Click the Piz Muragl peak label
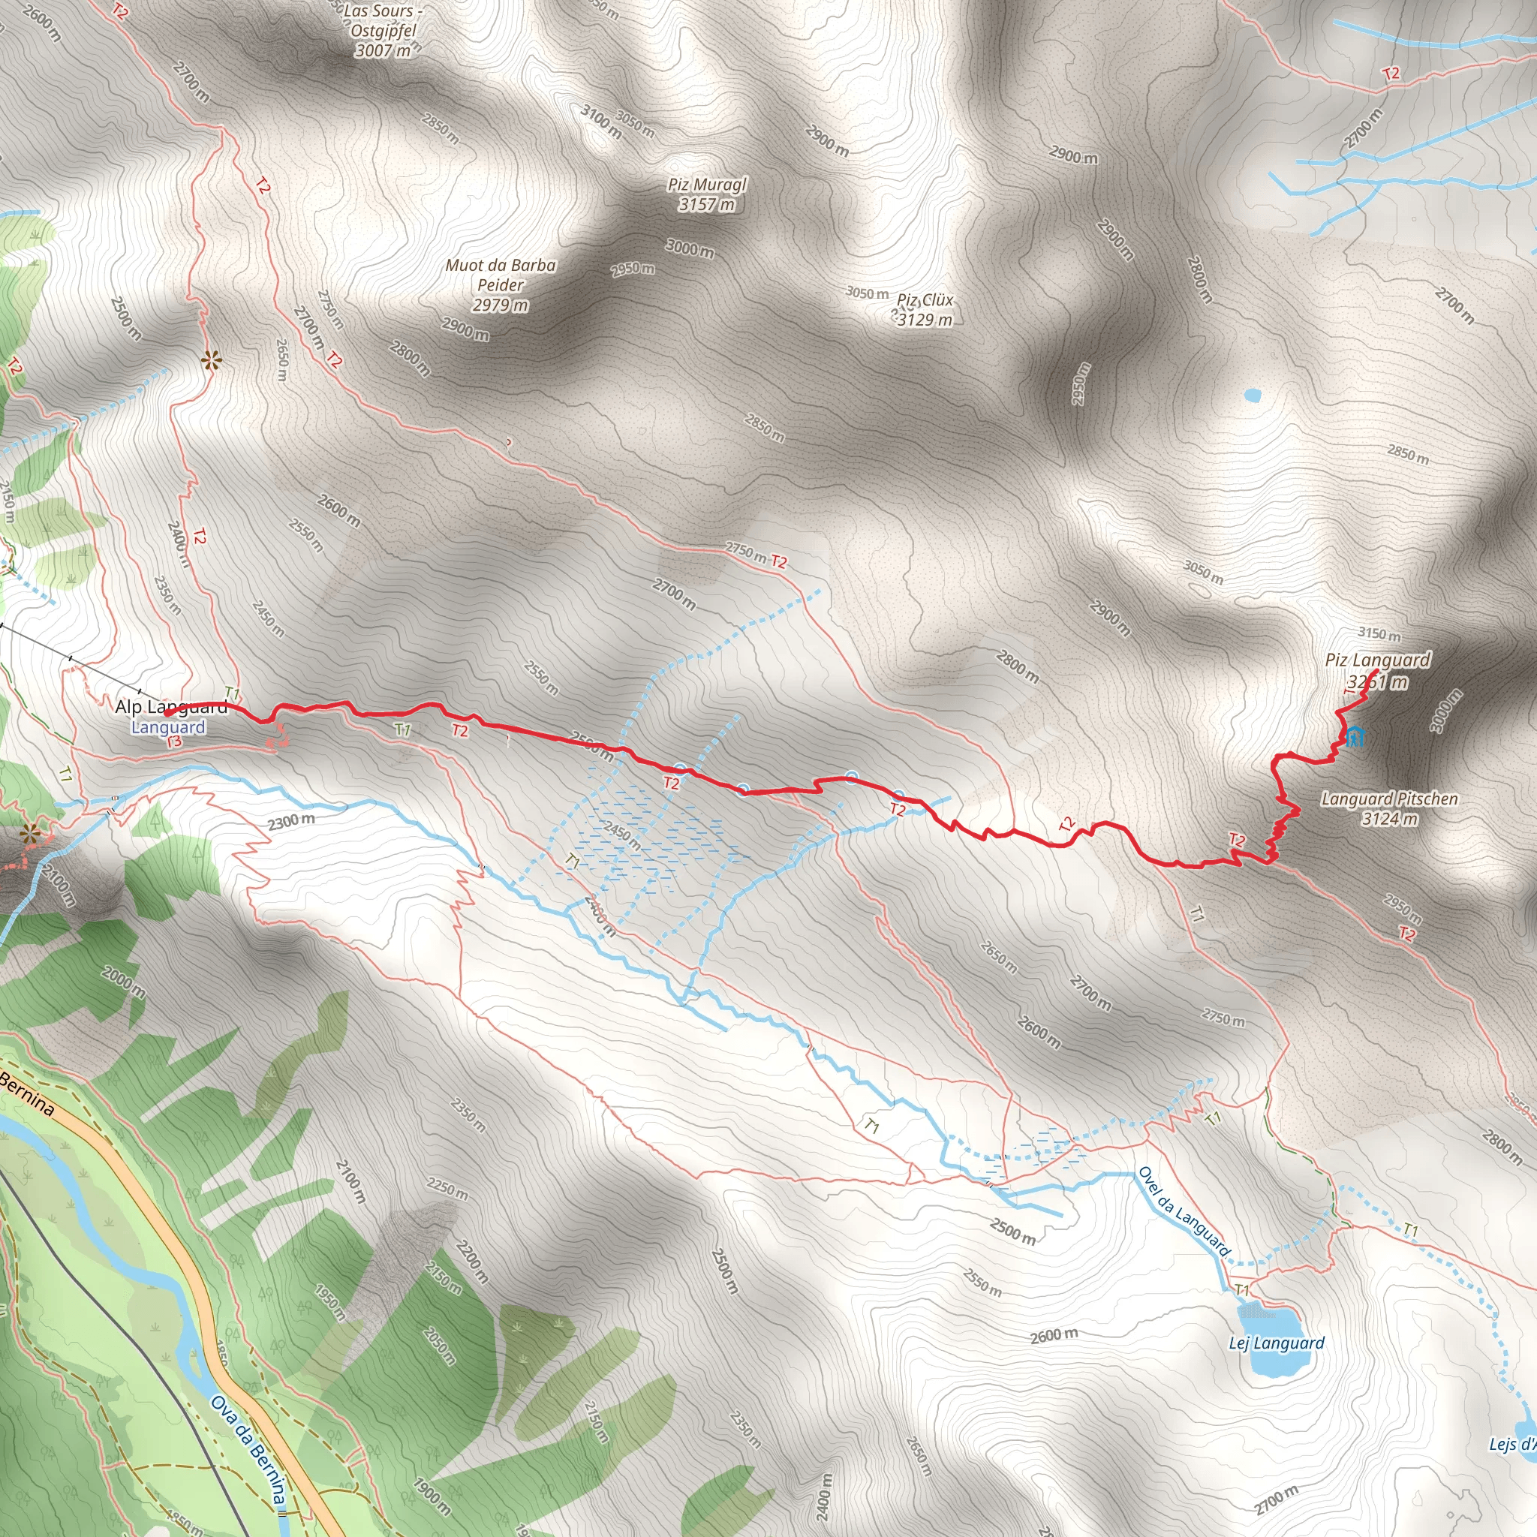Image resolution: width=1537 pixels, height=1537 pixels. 706,195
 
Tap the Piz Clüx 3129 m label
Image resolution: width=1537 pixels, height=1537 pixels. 925,310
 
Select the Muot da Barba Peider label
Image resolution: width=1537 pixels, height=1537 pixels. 501,284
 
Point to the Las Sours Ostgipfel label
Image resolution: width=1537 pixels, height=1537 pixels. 383,31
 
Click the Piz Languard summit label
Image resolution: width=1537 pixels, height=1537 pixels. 1377,671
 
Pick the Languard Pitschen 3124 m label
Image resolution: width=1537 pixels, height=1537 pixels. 1389,808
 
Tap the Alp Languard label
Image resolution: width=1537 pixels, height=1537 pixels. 171,706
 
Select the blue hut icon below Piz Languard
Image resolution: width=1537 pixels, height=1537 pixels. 1355,737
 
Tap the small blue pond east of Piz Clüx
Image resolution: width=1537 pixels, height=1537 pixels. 1253,395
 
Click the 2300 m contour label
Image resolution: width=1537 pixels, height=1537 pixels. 290,821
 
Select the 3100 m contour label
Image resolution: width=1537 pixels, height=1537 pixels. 600,122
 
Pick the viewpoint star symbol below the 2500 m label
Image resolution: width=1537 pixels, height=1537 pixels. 211,362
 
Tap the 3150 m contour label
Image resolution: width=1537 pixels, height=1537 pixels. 1379,634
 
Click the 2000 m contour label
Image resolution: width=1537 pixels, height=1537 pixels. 123,982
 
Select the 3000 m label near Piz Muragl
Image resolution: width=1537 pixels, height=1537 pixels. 689,249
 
